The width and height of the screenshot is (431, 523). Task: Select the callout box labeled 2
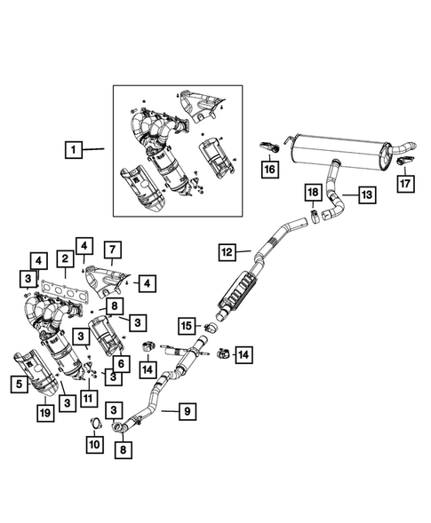(66, 258)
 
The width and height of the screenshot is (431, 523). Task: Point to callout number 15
(185, 325)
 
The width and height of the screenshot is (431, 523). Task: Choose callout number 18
(312, 193)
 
